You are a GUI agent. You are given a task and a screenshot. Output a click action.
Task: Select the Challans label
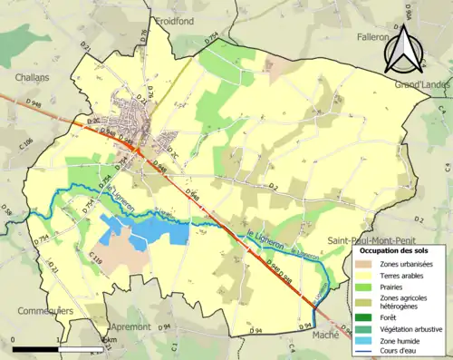(x=31, y=79)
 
